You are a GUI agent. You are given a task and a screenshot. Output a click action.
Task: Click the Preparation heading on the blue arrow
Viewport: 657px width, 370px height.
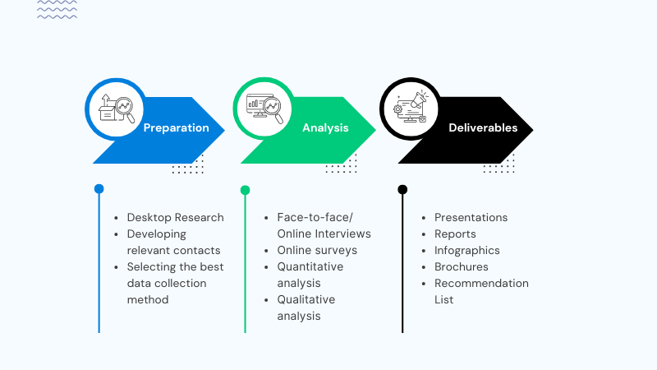point(176,128)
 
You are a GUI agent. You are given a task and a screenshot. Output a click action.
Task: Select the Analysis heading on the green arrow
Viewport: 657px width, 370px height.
point(325,128)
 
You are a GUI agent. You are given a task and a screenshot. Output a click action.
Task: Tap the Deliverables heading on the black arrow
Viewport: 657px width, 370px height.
point(483,128)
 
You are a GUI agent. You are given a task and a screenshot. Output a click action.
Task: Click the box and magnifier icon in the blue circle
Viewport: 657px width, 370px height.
point(116,109)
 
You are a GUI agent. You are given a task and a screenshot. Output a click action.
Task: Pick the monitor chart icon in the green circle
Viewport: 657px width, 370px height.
point(264,109)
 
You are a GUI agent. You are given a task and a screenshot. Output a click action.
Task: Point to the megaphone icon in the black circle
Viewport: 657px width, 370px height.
point(411,109)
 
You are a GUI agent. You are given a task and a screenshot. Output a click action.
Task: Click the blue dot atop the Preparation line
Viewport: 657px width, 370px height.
point(99,189)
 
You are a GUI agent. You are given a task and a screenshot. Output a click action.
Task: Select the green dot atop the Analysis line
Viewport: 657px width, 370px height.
point(245,190)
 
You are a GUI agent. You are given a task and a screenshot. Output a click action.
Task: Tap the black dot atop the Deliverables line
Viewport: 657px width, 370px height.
point(402,189)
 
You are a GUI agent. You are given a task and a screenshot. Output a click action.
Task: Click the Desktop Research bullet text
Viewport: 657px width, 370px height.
point(175,218)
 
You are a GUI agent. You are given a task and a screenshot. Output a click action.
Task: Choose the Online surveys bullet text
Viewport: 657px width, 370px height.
point(317,250)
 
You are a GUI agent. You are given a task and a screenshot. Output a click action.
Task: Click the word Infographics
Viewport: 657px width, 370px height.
point(467,250)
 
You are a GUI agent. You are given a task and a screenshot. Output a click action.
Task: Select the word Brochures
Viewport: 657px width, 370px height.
point(462,266)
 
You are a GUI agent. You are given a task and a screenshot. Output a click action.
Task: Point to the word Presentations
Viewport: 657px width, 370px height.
point(471,218)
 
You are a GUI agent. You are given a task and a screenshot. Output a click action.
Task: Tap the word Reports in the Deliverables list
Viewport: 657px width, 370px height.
point(455,234)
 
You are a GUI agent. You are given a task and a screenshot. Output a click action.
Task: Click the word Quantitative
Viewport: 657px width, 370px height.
point(310,266)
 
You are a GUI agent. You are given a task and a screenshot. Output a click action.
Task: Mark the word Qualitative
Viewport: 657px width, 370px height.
point(306,299)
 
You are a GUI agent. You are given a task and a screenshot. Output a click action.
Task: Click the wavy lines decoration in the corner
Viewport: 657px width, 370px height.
point(57,10)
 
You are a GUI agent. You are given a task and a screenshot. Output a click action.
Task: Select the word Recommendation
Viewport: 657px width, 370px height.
point(481,283)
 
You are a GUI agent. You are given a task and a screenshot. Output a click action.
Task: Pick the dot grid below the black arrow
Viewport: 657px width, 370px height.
point(498,169)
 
